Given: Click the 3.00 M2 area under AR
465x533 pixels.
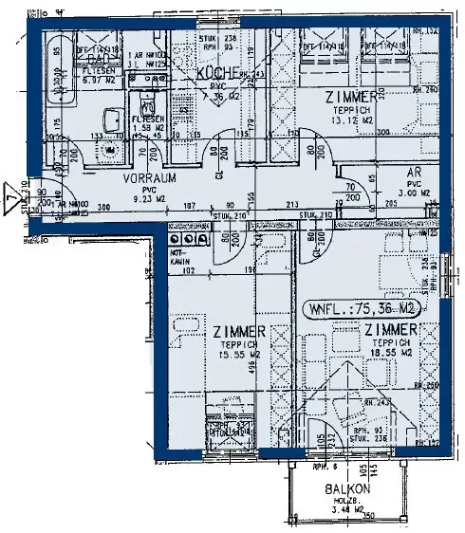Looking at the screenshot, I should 415,192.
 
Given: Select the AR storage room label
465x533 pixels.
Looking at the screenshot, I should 416,173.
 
